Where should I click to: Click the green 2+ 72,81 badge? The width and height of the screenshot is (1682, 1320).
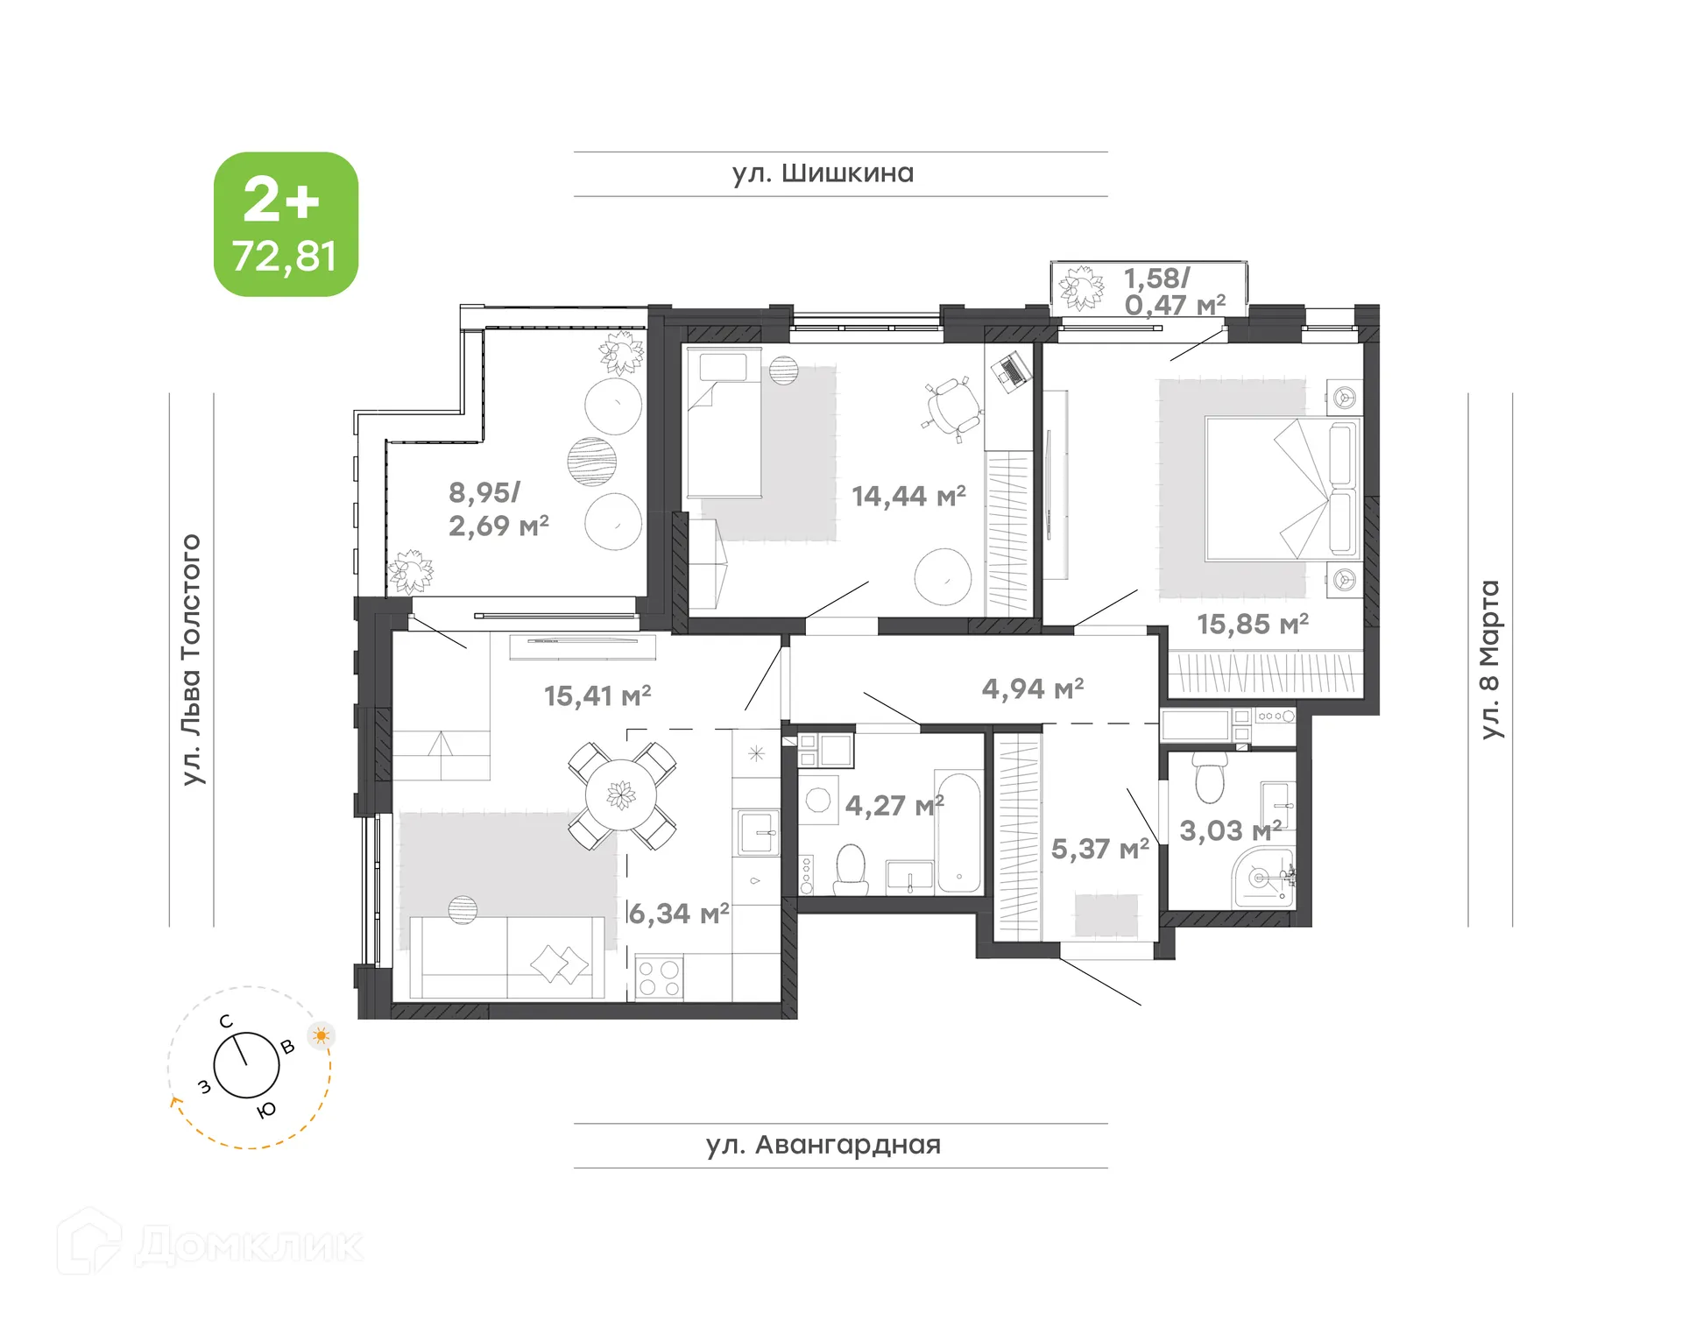click(286, 224)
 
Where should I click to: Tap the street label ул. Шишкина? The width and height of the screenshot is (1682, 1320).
click(823, 173)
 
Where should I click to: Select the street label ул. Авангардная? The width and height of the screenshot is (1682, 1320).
click(823, 1145)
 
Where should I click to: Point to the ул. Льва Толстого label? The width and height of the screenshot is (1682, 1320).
click(191, 659)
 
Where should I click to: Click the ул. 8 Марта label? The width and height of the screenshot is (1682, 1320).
click(1489, 659)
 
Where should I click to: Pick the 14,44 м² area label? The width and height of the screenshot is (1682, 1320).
click(908, 497)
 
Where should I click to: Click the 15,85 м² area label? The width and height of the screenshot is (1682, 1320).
click(1252, 625)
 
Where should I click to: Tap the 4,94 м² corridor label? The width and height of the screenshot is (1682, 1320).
click(1032, 688)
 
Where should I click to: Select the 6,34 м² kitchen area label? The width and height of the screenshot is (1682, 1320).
click(679, 914)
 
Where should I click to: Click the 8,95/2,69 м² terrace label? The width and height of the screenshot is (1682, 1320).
click(498, 509)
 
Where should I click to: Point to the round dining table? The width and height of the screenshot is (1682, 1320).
click(621, 795)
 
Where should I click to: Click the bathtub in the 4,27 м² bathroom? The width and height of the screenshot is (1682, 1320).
click(958, 832)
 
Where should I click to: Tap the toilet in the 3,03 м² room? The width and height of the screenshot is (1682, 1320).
click(1209, 780)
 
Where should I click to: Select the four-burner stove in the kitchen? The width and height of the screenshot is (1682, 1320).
click(659, 978)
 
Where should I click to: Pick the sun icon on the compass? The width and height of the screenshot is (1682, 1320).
click(322, 1035)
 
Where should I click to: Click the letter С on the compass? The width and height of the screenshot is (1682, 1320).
click(226, 1021)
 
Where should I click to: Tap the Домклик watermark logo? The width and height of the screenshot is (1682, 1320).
click(210, 1244)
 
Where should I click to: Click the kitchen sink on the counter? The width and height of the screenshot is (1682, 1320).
click(758, 832)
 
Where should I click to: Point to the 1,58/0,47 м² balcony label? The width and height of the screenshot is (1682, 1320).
click(1173, 291)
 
